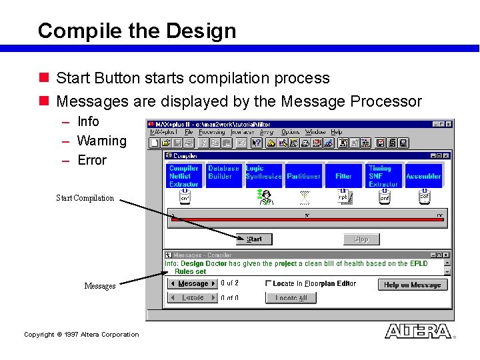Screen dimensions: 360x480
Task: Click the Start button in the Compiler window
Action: click(254, 239)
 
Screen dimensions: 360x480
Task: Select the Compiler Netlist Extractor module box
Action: click(184, 176)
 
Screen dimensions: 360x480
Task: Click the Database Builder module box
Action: click(223, 176)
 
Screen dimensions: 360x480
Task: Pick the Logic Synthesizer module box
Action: click(263, 176)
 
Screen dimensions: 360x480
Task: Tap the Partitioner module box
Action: click(303, 176)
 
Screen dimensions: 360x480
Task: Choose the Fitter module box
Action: click(343, 176)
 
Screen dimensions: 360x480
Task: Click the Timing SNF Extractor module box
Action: click(383, 176)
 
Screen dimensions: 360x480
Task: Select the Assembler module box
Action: click(423, 176)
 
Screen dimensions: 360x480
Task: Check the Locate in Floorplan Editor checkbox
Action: click(269, 284)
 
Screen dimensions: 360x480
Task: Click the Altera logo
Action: click(418, 331)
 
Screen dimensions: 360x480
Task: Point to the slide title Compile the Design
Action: click(137, 31)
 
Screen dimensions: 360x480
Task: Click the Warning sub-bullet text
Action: click(101, 141)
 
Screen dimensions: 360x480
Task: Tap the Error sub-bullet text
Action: click(91, 160)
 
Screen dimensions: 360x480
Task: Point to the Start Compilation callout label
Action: click(85, 198)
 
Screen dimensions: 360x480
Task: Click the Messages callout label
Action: click(99, 286)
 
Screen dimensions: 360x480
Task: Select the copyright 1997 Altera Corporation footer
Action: click(81, 335)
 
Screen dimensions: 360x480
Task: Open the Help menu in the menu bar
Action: click(337, 133)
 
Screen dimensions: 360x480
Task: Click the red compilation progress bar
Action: click(307, 219)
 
